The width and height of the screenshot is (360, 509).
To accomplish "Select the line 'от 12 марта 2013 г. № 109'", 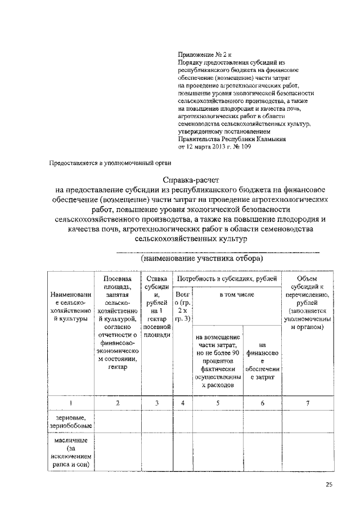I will point(214,147).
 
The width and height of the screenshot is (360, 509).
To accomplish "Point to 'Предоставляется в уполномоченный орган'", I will point(110,163).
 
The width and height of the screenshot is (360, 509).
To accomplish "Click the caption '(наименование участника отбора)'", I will point(202,259).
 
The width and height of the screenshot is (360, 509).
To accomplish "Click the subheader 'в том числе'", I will point(237,294).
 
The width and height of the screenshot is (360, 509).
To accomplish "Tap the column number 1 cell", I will point(70,402).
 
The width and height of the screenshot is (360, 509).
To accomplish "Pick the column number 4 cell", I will point(183,402).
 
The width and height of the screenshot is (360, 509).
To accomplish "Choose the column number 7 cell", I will point(307,402).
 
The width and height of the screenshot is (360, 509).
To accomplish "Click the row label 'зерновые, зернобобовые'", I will point(70,423).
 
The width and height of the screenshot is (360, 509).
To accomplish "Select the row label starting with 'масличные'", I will point(70,453).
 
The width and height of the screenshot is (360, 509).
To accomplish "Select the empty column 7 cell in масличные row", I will point(307,453).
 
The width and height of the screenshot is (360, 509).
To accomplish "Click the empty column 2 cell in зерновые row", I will point(117,423).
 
